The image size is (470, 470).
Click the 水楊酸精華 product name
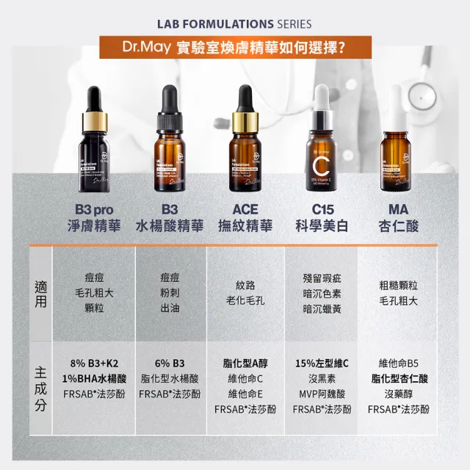coord(170,225)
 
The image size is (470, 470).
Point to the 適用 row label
coord(41,292)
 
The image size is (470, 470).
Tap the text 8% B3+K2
coord(94,364)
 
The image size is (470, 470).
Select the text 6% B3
coord(170,364)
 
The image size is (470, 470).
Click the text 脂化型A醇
coord(245,363)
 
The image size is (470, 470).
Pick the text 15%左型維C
coord(322,364)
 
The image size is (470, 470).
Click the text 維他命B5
coord(398,364)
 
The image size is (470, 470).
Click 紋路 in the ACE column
coord(245,286)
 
